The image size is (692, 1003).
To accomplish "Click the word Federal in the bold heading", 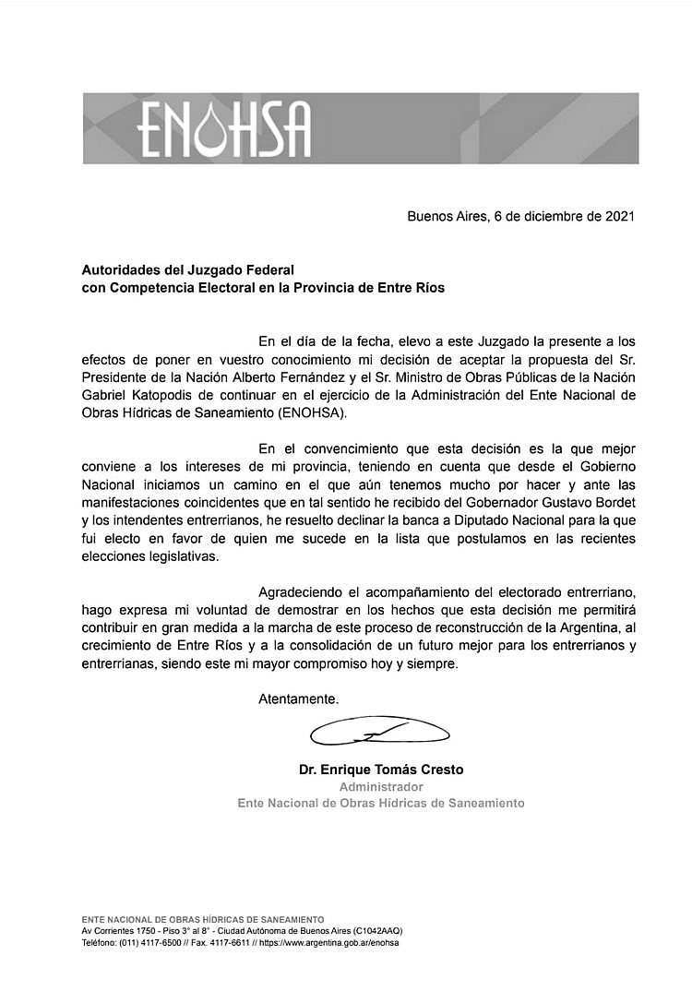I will tap(268, 269).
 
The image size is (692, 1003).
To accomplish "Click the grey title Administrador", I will tap(381, 786).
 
